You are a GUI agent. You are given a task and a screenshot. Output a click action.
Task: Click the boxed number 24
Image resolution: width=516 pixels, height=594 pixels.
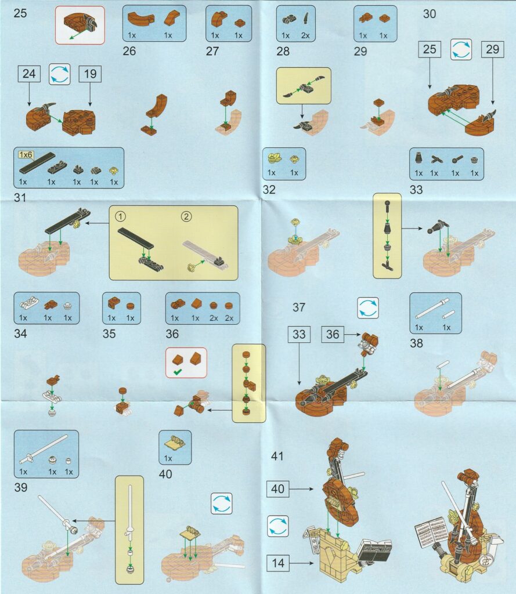pyautogui.click(x=29, y=74)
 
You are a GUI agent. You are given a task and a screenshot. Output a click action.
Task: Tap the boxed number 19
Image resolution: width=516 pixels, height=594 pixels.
pyautogui.click(x=90, y=74)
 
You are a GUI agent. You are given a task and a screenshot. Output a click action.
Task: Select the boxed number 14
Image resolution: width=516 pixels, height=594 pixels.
pyautogui.click(x=278, y=563)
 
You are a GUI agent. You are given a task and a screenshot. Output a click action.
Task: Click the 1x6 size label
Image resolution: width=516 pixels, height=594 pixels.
pyautogui.click(x=26, y=154)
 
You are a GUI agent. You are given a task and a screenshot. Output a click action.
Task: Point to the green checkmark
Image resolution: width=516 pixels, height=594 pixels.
pyautogui.click(x=177, y=372)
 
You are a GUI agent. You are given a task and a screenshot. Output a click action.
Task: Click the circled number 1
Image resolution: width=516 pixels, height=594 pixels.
pyautogui.click(x=120, y=217)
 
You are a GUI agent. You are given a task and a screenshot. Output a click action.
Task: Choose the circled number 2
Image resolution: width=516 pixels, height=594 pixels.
pyautogui.click(x=186, y=217)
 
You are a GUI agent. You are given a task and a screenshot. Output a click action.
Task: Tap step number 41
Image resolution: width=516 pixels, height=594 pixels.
pyautogui.click(x=277, y=456)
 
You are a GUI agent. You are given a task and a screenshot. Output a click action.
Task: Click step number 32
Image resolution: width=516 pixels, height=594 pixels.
pyautogui.click(x=269, y=190)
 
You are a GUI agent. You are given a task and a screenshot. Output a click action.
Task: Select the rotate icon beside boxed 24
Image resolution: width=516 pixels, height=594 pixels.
pyautogui.click(x=60, y=74)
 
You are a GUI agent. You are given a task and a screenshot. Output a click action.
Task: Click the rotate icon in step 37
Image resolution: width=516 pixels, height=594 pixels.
pyautogui.click(x=368, y=307)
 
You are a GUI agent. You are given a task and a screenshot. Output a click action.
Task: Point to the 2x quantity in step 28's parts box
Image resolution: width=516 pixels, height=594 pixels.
pyautogui.click(x=305, y=35)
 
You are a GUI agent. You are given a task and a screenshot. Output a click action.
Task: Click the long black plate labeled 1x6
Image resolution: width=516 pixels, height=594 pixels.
pyautogui.click(x=38, y=163)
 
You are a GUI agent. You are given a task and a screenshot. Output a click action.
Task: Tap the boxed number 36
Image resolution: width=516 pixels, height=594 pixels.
pyautogui.click(x=333, y=334)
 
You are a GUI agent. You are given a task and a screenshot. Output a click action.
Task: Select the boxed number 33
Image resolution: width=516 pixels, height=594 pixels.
pyautogui.click(x=299, y=334)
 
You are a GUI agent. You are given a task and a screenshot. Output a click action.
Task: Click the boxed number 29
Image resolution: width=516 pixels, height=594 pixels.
pyautogui.click(x=493, y=49)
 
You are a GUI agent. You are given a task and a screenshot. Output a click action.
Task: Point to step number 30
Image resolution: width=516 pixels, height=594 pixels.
pyautogui.click(x=429, y=14)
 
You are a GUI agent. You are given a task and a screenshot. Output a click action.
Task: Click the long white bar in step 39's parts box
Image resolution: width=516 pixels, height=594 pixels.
pyautogui.click(x=44, y=449)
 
